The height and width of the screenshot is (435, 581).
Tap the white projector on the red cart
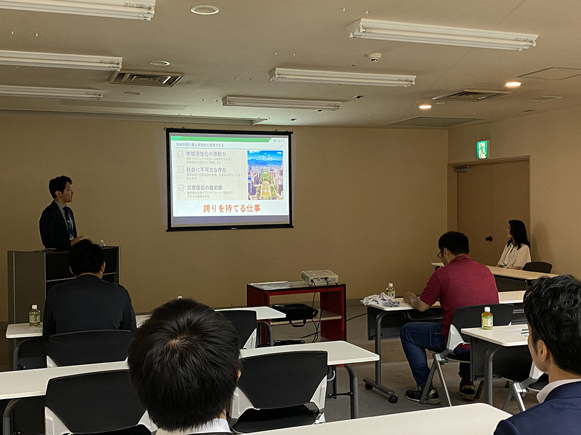coord(319,277)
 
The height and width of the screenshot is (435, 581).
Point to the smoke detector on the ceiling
coord(374,57)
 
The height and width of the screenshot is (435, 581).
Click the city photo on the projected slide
coord(265,175)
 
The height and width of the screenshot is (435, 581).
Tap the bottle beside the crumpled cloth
coord(390,291)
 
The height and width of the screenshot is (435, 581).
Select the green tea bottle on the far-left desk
coord(35,316)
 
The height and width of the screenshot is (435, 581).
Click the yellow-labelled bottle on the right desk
coord(486,318)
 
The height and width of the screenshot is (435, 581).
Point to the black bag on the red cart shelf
coord(295,311)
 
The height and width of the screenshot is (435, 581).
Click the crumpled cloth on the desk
coord(379,300)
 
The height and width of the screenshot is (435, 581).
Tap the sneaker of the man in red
coord(422,395)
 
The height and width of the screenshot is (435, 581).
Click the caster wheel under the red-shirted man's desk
coord(393,398)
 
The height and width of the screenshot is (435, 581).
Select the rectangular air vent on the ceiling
coord(146,78)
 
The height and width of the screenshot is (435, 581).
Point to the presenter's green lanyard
coord(69,221)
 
